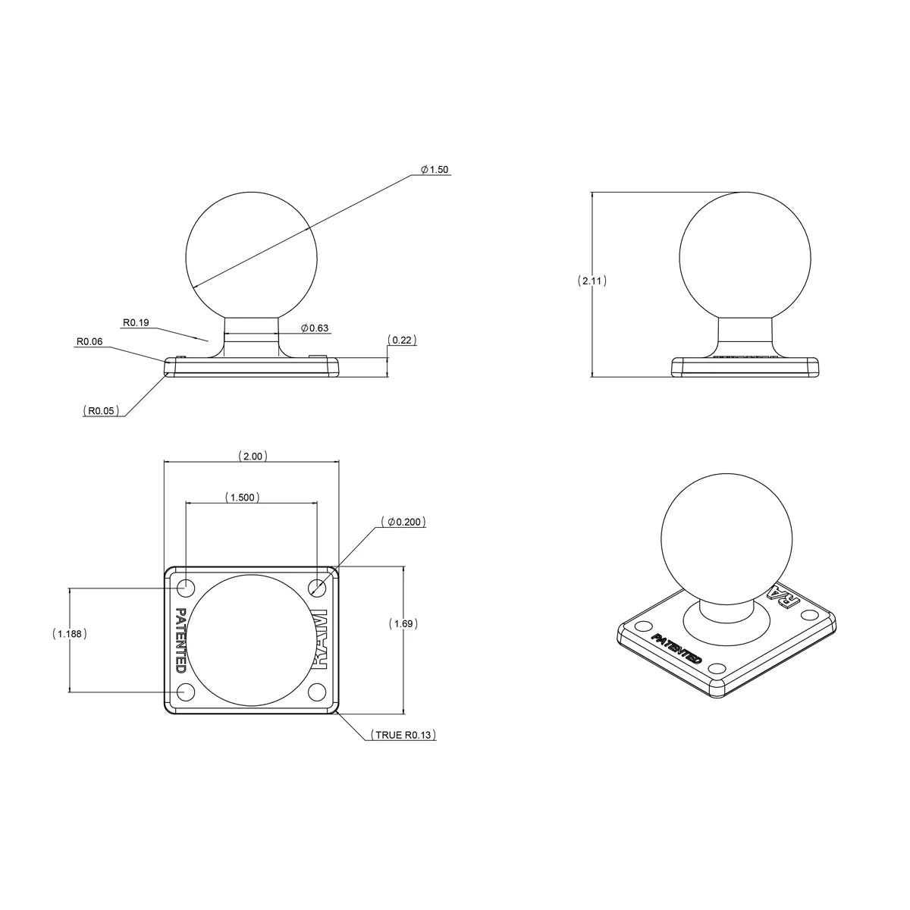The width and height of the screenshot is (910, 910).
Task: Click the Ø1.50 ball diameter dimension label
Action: coord(435,169)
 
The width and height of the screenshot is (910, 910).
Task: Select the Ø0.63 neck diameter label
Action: coord(315,328)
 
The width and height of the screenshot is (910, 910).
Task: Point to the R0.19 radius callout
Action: coord(136,323)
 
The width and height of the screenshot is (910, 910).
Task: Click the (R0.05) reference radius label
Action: coord(101,410)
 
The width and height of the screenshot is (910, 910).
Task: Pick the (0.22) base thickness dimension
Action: coord(402,340)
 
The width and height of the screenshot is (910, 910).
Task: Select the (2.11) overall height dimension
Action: coord(591,281)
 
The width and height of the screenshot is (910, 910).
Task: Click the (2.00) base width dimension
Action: coord(251,457)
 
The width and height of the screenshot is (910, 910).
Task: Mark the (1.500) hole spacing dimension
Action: coord(243,497)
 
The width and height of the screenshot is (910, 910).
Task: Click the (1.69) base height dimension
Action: coord(403,623)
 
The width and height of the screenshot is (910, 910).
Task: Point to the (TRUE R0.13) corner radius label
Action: coord(403,735)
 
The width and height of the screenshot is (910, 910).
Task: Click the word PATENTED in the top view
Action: coord(180,640)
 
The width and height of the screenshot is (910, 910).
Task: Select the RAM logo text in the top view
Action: coord(319,640)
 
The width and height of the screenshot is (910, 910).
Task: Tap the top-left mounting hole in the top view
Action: coord(184,587)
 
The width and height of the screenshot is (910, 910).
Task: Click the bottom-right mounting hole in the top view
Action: coord(317,692)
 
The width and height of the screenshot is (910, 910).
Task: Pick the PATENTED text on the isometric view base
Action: coord(676,648)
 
